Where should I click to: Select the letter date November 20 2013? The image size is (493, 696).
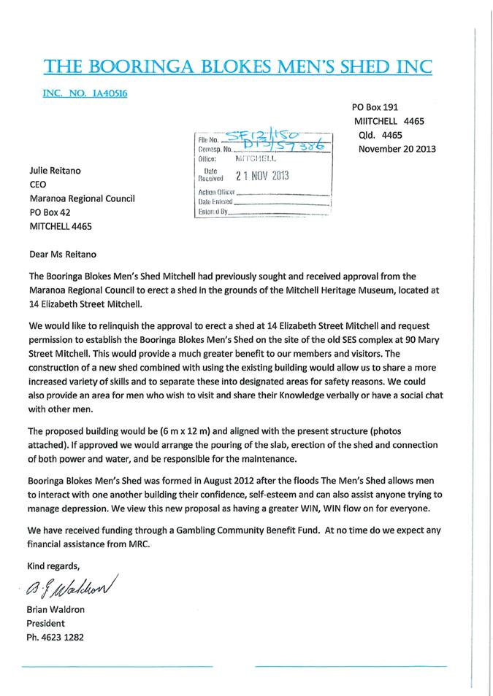click(397, 149)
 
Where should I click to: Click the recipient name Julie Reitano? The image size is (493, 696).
click(57, 170)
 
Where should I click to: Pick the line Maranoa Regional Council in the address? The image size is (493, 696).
click(81, 198)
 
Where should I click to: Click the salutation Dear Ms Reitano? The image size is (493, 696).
click(62, 255)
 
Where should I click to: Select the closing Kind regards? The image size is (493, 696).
click(53, 565)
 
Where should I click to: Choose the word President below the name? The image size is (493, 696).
click(45, 624)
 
